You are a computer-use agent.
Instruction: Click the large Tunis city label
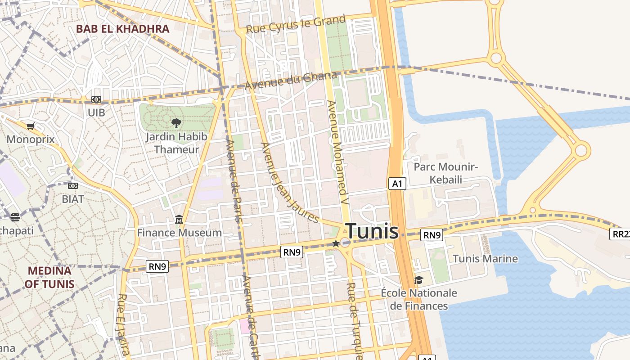372,231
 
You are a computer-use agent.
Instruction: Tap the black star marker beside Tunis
336,243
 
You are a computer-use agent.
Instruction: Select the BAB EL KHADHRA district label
122,29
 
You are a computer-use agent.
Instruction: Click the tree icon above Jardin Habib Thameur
176,122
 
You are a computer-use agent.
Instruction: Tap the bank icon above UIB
96,99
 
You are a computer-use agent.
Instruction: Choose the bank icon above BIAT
73,186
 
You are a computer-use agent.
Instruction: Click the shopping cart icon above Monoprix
31,126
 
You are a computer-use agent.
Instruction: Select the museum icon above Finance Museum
179,220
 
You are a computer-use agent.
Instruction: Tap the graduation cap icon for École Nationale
418,280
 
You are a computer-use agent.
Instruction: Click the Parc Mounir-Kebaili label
445,173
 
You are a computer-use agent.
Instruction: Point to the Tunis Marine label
485,259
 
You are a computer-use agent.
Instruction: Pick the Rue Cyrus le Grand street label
296,24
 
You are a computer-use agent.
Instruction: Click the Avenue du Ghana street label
291,81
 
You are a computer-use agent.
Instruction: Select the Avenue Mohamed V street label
338,153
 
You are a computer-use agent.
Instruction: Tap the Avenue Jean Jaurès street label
290,183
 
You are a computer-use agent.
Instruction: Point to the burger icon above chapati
15,218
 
